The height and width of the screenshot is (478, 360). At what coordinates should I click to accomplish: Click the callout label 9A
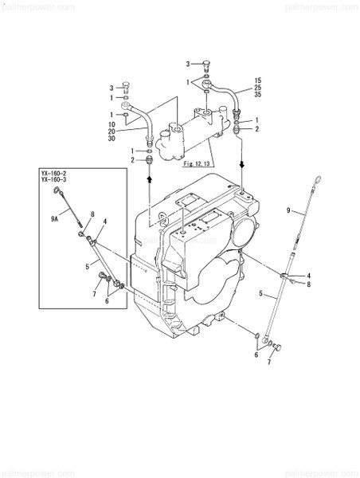(55, 217)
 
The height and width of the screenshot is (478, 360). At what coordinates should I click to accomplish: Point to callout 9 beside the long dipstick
(289, 210)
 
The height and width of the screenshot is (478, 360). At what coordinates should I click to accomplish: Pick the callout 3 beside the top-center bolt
(188, 64)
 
